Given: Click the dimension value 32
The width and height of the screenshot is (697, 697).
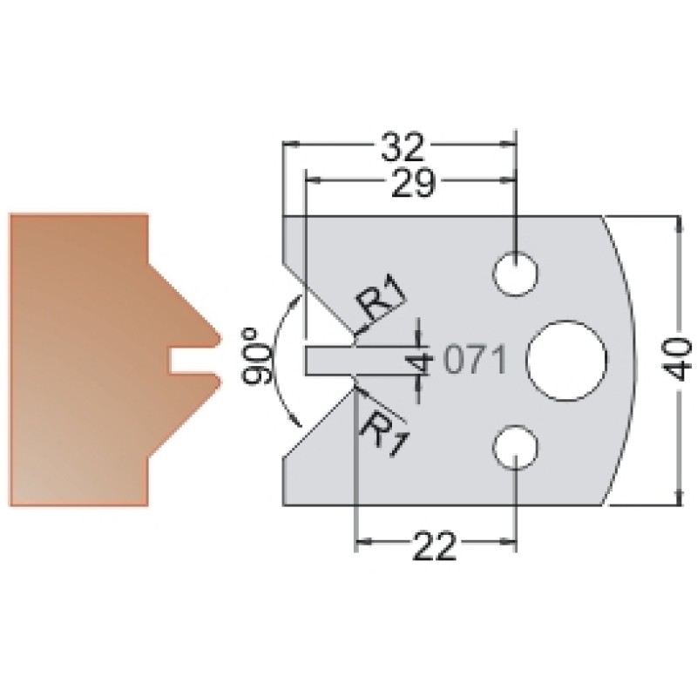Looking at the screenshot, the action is pyautogui.click(x=402, y=145).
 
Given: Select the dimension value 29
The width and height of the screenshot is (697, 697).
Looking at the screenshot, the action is pyautogui.click(x=412, y=183).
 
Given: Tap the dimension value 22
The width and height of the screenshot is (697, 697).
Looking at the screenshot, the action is pyautogui.click(x=435, y=545).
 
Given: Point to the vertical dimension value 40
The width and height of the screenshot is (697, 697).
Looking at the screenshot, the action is pyautogui.click(x=678, y=359).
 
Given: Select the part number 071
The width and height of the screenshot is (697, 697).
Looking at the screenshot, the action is pyautogui.click(x=475, y=359).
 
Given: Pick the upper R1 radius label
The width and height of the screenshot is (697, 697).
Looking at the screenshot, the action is pyautogui.click(x=381, y=298).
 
